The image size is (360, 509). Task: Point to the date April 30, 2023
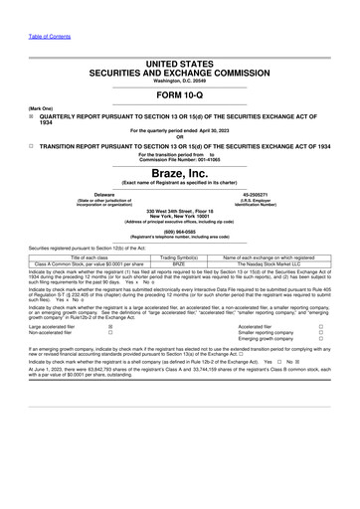(213, 130)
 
